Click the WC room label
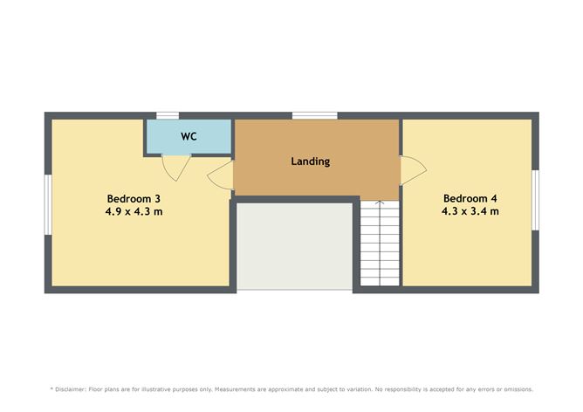[189, 136]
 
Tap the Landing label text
[311, 161]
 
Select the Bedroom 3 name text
[134, 198]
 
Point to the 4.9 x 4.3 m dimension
[134, 212]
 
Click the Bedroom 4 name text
[470, 198]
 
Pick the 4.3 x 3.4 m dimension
[470, 211]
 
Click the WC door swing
[176, 167]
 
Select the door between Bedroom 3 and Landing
[221, 175]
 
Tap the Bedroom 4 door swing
[413, 170]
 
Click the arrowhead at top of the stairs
[380, 203]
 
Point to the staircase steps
[380, 244]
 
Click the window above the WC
[168, 115]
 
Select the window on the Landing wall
[314, 115]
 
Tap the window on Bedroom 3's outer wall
[48, 205]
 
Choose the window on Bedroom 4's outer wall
[535, 200]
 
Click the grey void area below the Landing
[294, 246]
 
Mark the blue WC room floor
[189, 136]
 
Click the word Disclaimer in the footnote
[71, 389]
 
